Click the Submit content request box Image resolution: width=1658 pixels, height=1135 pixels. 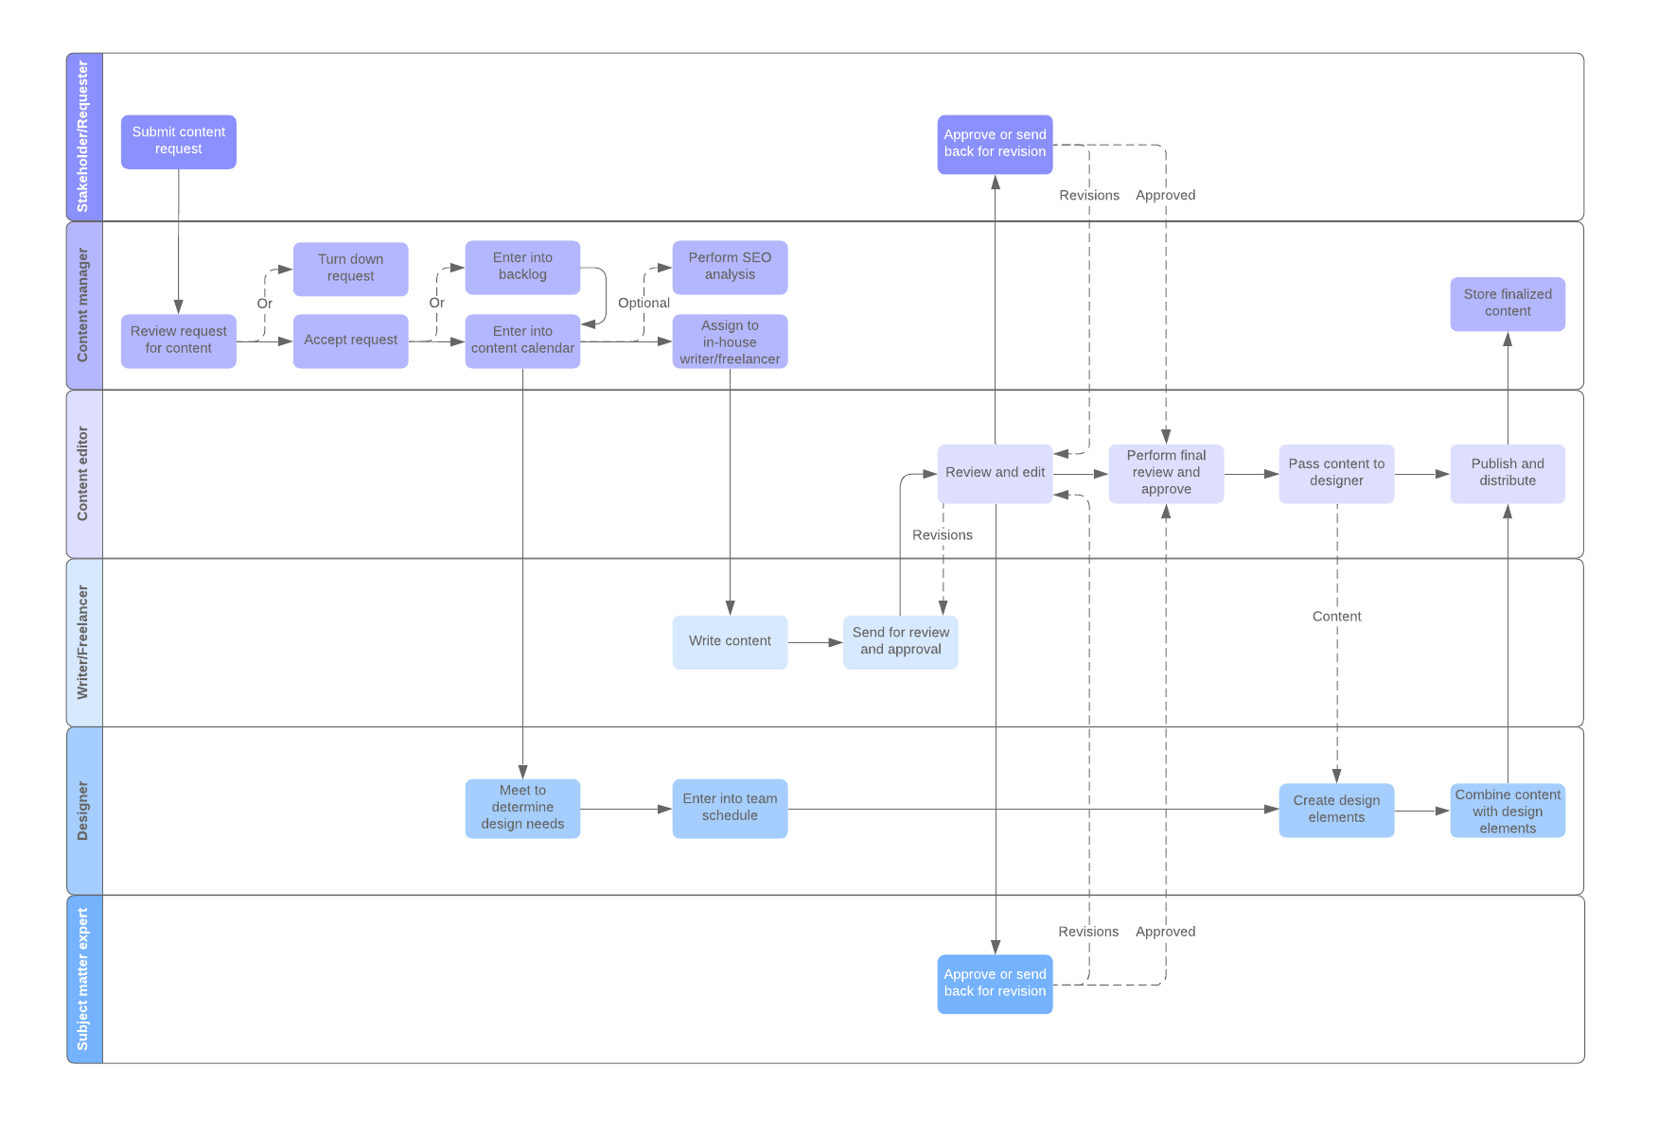click(178, 142)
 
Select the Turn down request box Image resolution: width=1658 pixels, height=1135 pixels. click(350, 269)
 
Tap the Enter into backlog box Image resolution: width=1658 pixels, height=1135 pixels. click(522, 267)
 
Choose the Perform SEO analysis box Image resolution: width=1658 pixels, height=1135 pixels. click(730, 267)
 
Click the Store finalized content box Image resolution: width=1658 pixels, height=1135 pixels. click(1507, 304)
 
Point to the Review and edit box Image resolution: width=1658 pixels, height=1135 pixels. click(995, 473)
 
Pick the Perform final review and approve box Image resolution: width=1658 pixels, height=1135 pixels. click(1166, 473)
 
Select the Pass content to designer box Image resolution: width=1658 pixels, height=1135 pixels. click(1336, 473)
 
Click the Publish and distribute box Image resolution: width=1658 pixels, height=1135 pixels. click(1507, 473)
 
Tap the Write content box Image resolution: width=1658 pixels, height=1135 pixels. click(730, 642)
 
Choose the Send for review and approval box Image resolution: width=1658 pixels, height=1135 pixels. click(900, 642)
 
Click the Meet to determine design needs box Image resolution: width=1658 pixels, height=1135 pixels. click(522, 808)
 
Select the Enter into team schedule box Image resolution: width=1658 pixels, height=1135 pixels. click(730, 808)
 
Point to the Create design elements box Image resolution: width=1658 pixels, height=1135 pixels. click(1336, 810)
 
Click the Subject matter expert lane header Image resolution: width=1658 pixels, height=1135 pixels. click(83, 979)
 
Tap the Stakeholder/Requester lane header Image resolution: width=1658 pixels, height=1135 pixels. click(83, 137)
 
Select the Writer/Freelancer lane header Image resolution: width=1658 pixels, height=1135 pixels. click(83, 642)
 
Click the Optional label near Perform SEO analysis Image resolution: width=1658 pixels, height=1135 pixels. click(644, 304)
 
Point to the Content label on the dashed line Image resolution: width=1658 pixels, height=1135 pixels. click(1336, 617)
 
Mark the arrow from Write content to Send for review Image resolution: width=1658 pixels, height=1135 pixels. click(815, 643)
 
